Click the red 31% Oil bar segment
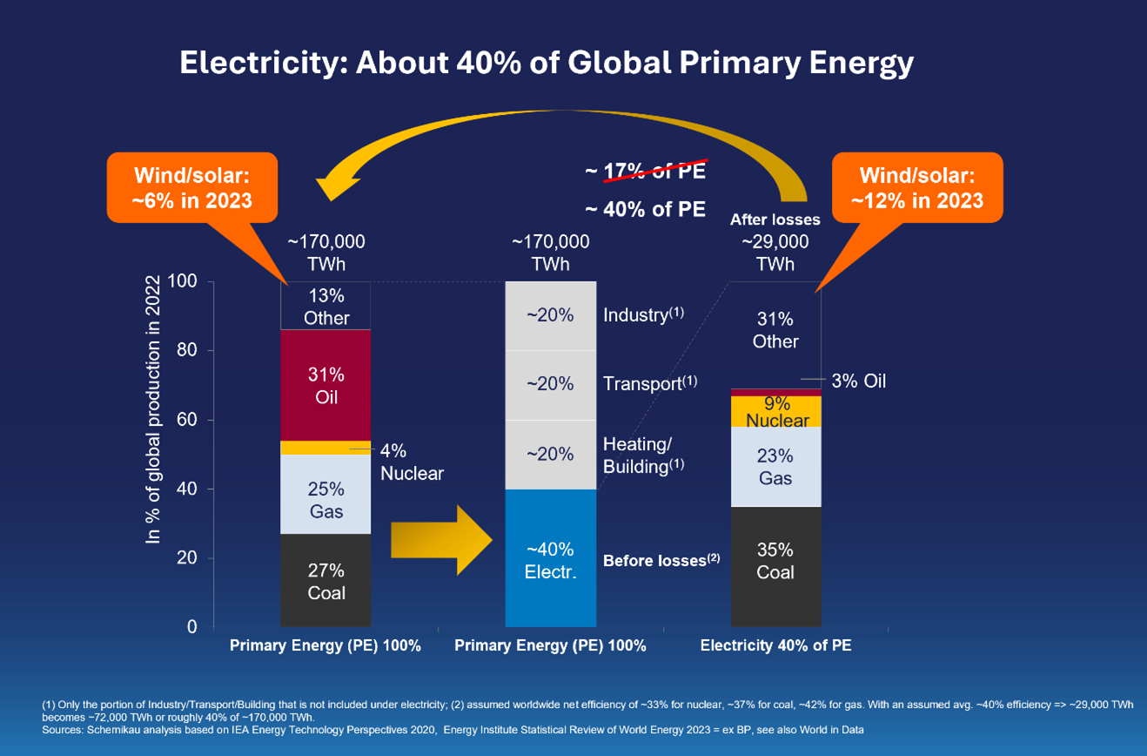tap(325, 385)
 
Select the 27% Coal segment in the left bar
tap(325, 581)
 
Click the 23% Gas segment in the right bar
tap(775, 466)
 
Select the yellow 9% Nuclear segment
tap(775, 412)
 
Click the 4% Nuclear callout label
tap(412, 462)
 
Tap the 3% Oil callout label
tap(858, 381)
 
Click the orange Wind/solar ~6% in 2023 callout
tap(192, 188)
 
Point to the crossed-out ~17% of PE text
tap(645, 172)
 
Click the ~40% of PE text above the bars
tap(645, 210)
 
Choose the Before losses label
tap(661, 560)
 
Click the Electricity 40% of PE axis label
tap(775, 646)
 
